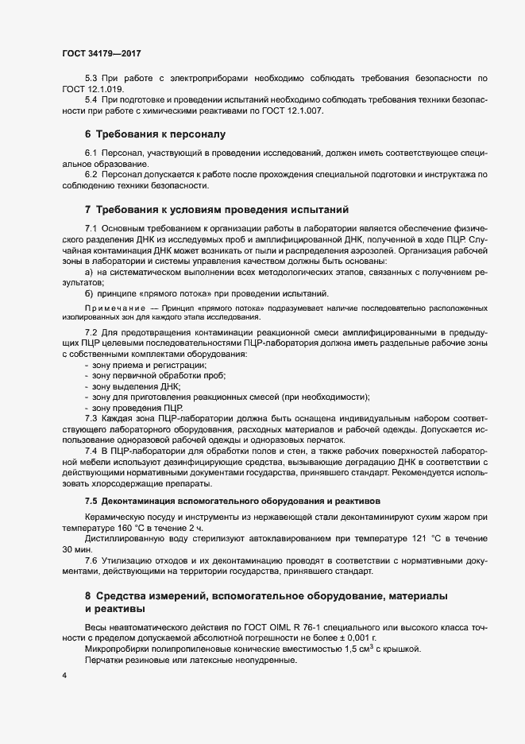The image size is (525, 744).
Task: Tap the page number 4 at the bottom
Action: pyautogui.click(x=65, y=676)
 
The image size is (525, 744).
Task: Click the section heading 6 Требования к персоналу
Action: pyautogui.click(x=156, y=134)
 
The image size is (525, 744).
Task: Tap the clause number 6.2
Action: pyautogui.click(x=91, y=174)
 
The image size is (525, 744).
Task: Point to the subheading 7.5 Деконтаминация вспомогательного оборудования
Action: pyautogui.click(x=233, y=501)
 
